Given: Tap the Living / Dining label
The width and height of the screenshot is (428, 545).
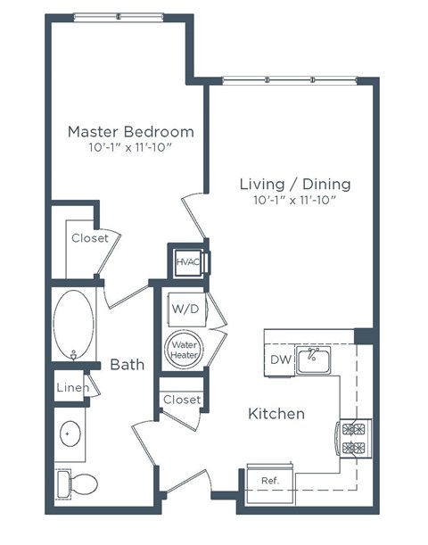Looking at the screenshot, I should (x=294, y=185).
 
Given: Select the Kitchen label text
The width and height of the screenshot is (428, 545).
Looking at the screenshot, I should (x=276, y=414).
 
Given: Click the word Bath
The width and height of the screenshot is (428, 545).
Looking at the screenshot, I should (x=127, y=364).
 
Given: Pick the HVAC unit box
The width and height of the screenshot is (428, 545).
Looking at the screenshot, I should (x=188, y=261).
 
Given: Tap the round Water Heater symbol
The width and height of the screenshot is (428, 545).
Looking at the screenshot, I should (x=185, y=349).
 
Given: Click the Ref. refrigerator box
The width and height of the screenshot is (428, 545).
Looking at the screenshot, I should (x=269, y=479).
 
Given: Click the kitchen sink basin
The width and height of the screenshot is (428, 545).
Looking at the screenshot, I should (x=314, y=360).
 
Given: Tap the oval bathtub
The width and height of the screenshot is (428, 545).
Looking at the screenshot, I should (x=73, y=326).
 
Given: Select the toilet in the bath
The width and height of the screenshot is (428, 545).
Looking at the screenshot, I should (x=78, y=484).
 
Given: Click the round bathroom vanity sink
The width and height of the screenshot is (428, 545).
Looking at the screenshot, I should (x=70, y=434).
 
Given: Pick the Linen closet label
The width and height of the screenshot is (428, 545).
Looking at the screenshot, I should (x=71, y=388).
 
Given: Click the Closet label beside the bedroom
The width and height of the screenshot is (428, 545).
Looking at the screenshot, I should (x=89, y=238).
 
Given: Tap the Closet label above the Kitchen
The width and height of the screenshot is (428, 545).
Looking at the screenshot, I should (x=182, y=400).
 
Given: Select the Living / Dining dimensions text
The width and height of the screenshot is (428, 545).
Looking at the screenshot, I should (x=294, y=201).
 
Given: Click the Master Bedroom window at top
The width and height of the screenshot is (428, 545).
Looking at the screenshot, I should (x=119, y=16).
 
